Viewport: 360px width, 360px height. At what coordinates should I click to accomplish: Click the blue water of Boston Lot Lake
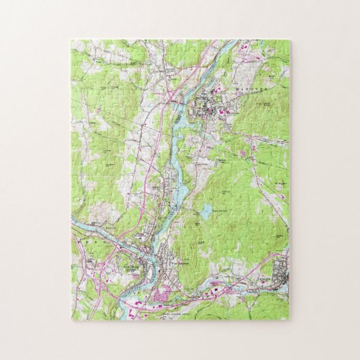[x=202, y=213]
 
